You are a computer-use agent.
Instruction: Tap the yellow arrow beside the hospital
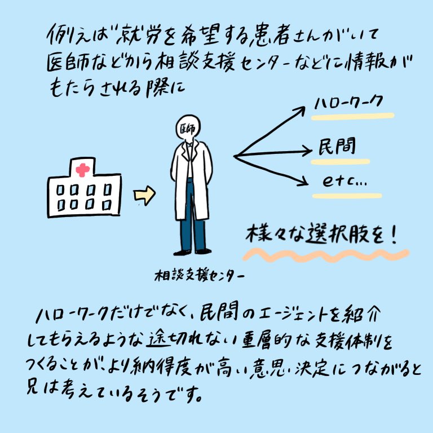[x=144, y=196]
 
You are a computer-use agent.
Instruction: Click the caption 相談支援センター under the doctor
[x=199, y=276]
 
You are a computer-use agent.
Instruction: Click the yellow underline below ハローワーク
[x=353, y=117]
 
